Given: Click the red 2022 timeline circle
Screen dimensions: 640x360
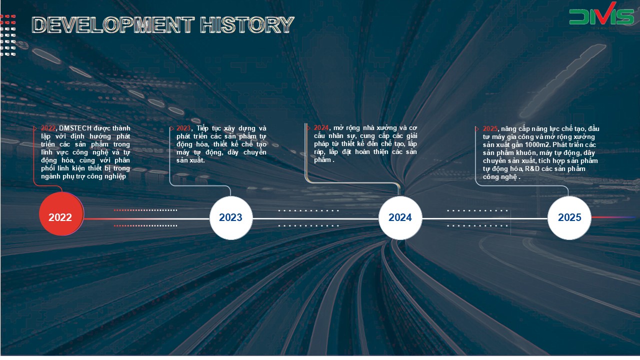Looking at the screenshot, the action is click(x=61, y=214).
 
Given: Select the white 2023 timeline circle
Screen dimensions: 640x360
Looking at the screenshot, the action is click(x=231, y=217).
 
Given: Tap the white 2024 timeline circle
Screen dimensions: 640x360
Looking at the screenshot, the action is click(x=400, y=217).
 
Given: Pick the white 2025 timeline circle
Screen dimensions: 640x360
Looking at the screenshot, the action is click(x=569, y=217).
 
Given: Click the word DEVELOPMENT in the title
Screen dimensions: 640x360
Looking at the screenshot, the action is click(x=113, y=24).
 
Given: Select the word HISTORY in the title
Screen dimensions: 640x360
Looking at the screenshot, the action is click(x=247, y=24).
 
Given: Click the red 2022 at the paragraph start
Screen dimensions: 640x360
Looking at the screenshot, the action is click(x=48, y=128).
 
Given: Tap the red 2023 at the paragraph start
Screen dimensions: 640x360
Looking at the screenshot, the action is click(x=183, y=128).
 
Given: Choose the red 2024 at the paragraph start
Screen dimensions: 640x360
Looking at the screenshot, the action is click(x=321, y=127).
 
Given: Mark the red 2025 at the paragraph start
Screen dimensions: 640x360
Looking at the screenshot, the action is click(x=490, y=129).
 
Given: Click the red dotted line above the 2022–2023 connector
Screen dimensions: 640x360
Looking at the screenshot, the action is click(x=145, y=210).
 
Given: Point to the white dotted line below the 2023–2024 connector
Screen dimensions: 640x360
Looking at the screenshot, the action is click(x=308, y=225).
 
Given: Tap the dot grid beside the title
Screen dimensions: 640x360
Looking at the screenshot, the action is click(x=8, y=35).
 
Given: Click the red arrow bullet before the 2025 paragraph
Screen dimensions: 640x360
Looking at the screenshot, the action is click(x=477, y=129).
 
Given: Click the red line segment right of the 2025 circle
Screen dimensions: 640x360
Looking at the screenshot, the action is click(x=613, y=217).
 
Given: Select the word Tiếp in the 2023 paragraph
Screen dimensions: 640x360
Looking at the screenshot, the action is click(x=203, y=128).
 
